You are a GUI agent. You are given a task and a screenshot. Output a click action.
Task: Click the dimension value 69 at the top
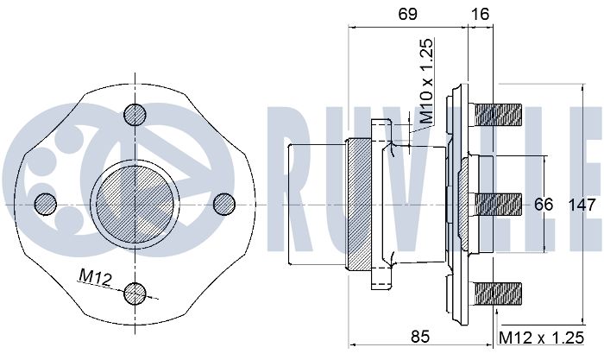(x=406, y=13)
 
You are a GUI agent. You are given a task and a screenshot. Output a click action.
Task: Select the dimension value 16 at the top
(x=480, y=13)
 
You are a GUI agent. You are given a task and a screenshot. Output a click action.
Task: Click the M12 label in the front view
(x=96, y=276)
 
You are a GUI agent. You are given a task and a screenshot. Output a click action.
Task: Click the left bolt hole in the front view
(x=45, y=203)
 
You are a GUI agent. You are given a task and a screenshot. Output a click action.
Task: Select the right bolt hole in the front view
(x=223, y=203)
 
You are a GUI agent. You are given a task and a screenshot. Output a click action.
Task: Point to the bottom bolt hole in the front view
(x=135, y=294)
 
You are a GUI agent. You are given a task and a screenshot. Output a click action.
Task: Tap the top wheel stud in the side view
(x=499, y=114)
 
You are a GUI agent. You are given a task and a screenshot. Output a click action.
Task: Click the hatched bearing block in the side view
(x=361, y=204)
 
